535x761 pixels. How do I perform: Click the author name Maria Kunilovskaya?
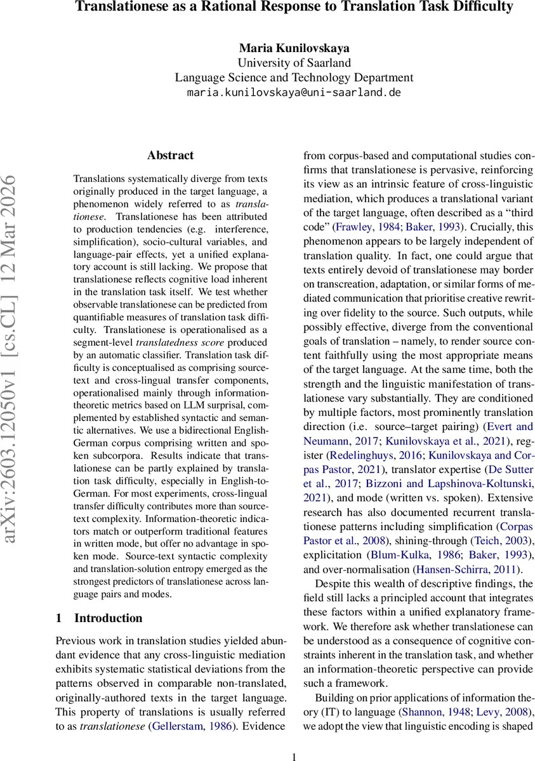tap(294, 48)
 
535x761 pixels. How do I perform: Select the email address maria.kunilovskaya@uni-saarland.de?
tap(294, 93)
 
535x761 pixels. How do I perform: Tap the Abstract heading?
tap(170, 155)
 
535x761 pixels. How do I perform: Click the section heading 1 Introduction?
tap(99, 618)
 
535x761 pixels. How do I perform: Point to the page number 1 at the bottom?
tap(294, 756)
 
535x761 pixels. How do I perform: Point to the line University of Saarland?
tap(294, 63)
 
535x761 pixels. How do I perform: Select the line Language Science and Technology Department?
tap(294, 77)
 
